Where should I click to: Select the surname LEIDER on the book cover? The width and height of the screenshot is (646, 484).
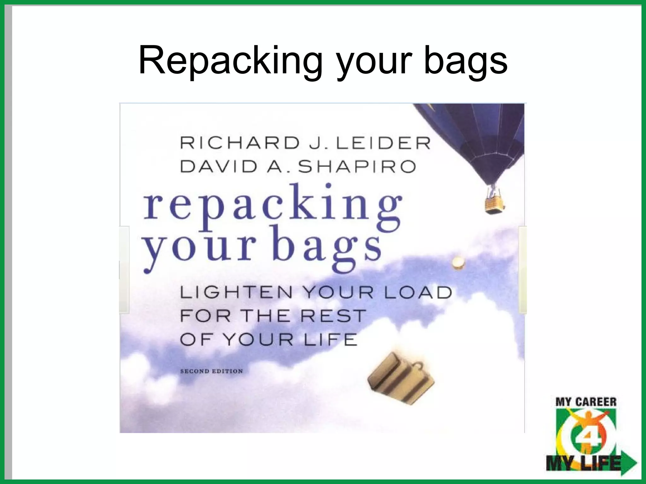click(x=383, y=143)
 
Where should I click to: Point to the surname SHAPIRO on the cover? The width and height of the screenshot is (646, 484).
click(x=357, y=167)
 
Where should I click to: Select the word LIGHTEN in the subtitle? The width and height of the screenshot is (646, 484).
click(x=236, y=292)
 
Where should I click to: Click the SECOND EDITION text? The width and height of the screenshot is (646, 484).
click(x=211, y=371)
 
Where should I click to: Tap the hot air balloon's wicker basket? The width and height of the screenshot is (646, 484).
click(x=494, y=205)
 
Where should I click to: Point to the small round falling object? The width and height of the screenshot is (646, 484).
click(x=458, y=262)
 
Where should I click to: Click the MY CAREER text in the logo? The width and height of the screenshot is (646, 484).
click(x=586, y=402)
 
